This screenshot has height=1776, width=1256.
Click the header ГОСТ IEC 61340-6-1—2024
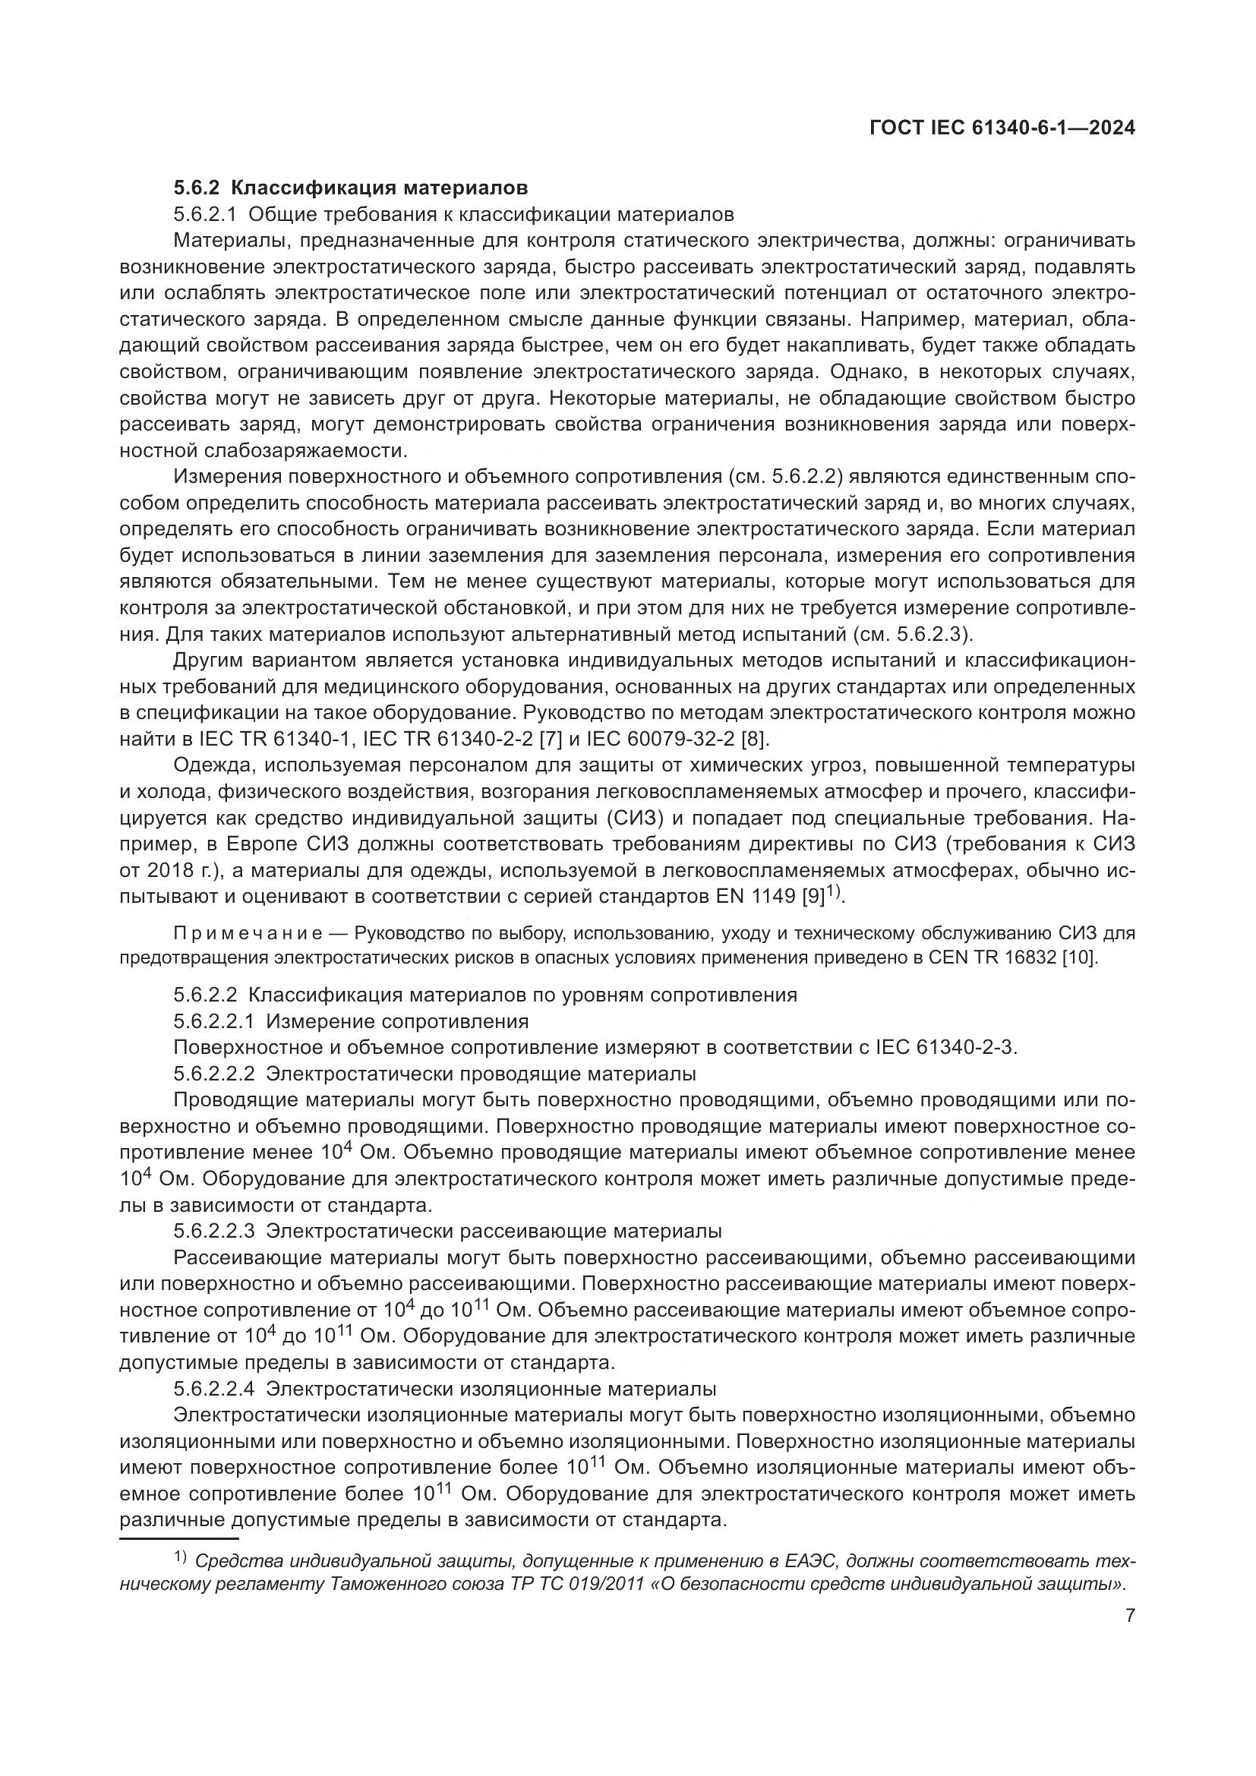pyautogui.click(x=1002, y=128)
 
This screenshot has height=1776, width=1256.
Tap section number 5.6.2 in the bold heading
pyautogui.click(x=197, y=188)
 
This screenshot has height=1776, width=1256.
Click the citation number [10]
pyautogui.click(x=1081, y=957)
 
